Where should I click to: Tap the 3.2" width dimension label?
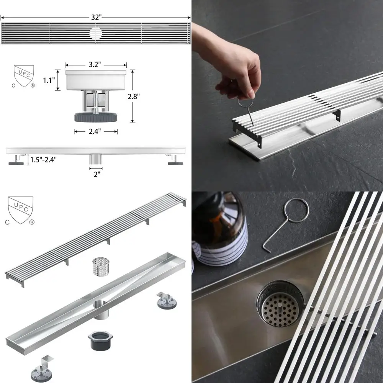(95, 65)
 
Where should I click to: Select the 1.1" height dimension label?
(49, 80)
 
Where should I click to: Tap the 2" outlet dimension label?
(96, 174)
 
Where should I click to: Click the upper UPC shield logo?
(23, 77)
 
